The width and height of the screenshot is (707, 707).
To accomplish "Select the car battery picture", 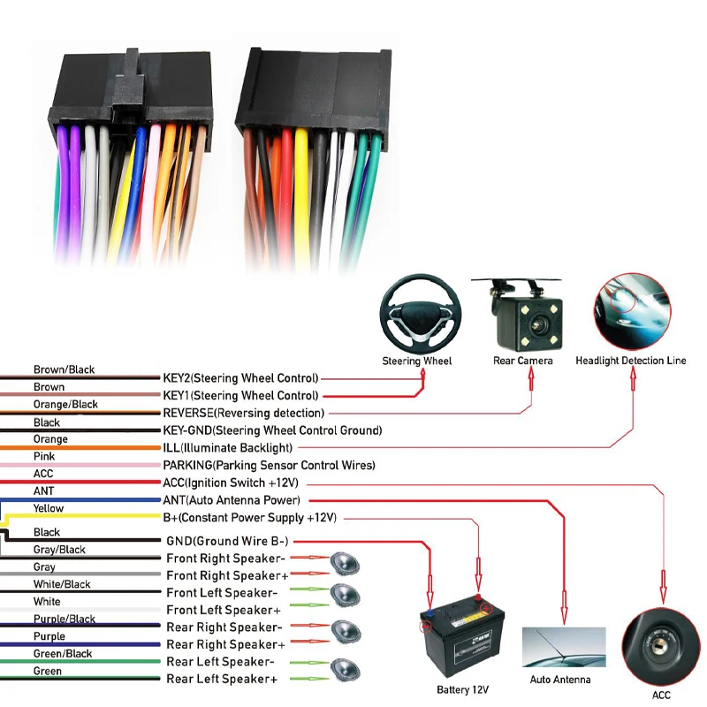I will [x=460, y=635].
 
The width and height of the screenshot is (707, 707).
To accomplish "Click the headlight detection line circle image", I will [x=631, y=312].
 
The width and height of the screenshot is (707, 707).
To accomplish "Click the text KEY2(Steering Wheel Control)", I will [x=240, y=378].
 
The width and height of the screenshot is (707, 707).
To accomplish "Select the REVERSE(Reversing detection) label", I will [x=244, y=413].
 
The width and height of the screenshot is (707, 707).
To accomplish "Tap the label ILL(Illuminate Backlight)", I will [x=227, y=448].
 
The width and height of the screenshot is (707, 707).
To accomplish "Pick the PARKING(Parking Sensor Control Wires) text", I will [x=269, y=465].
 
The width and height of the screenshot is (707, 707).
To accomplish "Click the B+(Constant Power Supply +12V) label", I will [x=250, y=517].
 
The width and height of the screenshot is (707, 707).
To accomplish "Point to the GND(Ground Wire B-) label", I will [x=227, y=541].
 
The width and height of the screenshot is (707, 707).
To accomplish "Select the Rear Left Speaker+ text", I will [x=222, y=679].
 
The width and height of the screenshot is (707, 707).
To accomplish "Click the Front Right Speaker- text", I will [x=225, y=559].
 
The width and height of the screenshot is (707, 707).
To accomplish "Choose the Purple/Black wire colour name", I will [x=65, y=620].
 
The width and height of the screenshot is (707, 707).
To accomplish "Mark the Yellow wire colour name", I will [x=49, y=508].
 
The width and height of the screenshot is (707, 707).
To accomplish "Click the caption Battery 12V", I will [x=462, y=689].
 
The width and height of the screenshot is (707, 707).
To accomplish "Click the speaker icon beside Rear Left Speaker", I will [x=344, y=669].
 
